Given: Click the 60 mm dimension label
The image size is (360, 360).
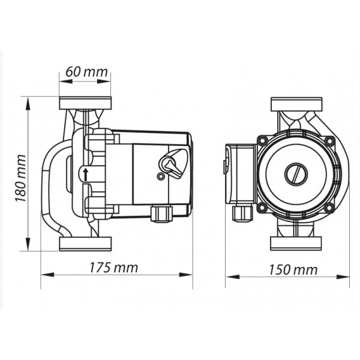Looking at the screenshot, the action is [x=86, y=72].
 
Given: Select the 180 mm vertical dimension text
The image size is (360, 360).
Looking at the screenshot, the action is [x=20, y=178].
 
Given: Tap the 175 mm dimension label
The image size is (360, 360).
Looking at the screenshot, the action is [x=113, y=268].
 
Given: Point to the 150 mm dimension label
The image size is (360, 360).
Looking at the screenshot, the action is [x=293, y=270].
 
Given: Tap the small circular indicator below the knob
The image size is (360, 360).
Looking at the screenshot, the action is [x=160, y=176].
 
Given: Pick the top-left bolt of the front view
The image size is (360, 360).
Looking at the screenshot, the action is [x=262, y=140].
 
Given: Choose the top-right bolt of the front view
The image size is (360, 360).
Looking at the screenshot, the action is [x=329, y=140].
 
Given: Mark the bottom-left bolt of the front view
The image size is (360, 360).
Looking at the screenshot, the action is [x=262, y=208].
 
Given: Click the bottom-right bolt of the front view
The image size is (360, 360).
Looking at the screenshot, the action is [x=329, y=208].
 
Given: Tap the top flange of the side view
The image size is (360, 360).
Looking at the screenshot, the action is [x=85, y=103].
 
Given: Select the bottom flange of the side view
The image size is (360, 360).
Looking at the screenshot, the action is [x=85, y=244].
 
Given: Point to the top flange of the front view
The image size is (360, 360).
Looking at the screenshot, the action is [x=296, y=104].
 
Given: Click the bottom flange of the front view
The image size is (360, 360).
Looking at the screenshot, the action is [x=296, y=244].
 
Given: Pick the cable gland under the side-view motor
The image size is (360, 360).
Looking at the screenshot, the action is [x=161, y=214].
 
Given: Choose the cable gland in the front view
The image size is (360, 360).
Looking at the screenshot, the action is [x=242, y=214].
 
